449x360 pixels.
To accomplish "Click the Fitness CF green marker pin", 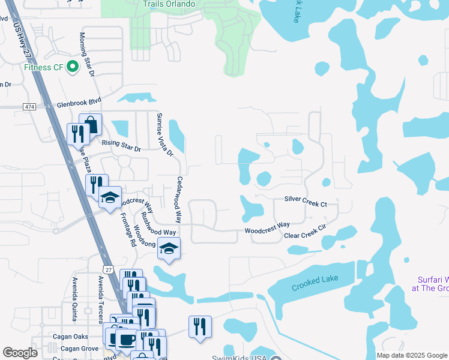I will (x=74, y=67).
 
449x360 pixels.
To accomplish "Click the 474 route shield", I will (x=29, y=106).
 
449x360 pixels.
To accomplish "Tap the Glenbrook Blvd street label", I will (x=79, y=103).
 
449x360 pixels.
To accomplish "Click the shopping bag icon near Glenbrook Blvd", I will (x=90, y=124).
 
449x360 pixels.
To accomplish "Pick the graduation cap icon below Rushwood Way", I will (x=169, y=248).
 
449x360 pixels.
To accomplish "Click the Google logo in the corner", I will (x=20, y=353).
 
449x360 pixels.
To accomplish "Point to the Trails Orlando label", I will (x=169, y=4).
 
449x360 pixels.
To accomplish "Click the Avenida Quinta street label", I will (x=76, y=293).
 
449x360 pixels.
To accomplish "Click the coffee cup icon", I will (x=126, y=340).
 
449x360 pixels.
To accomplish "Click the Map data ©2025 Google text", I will (x=412, y=355).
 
